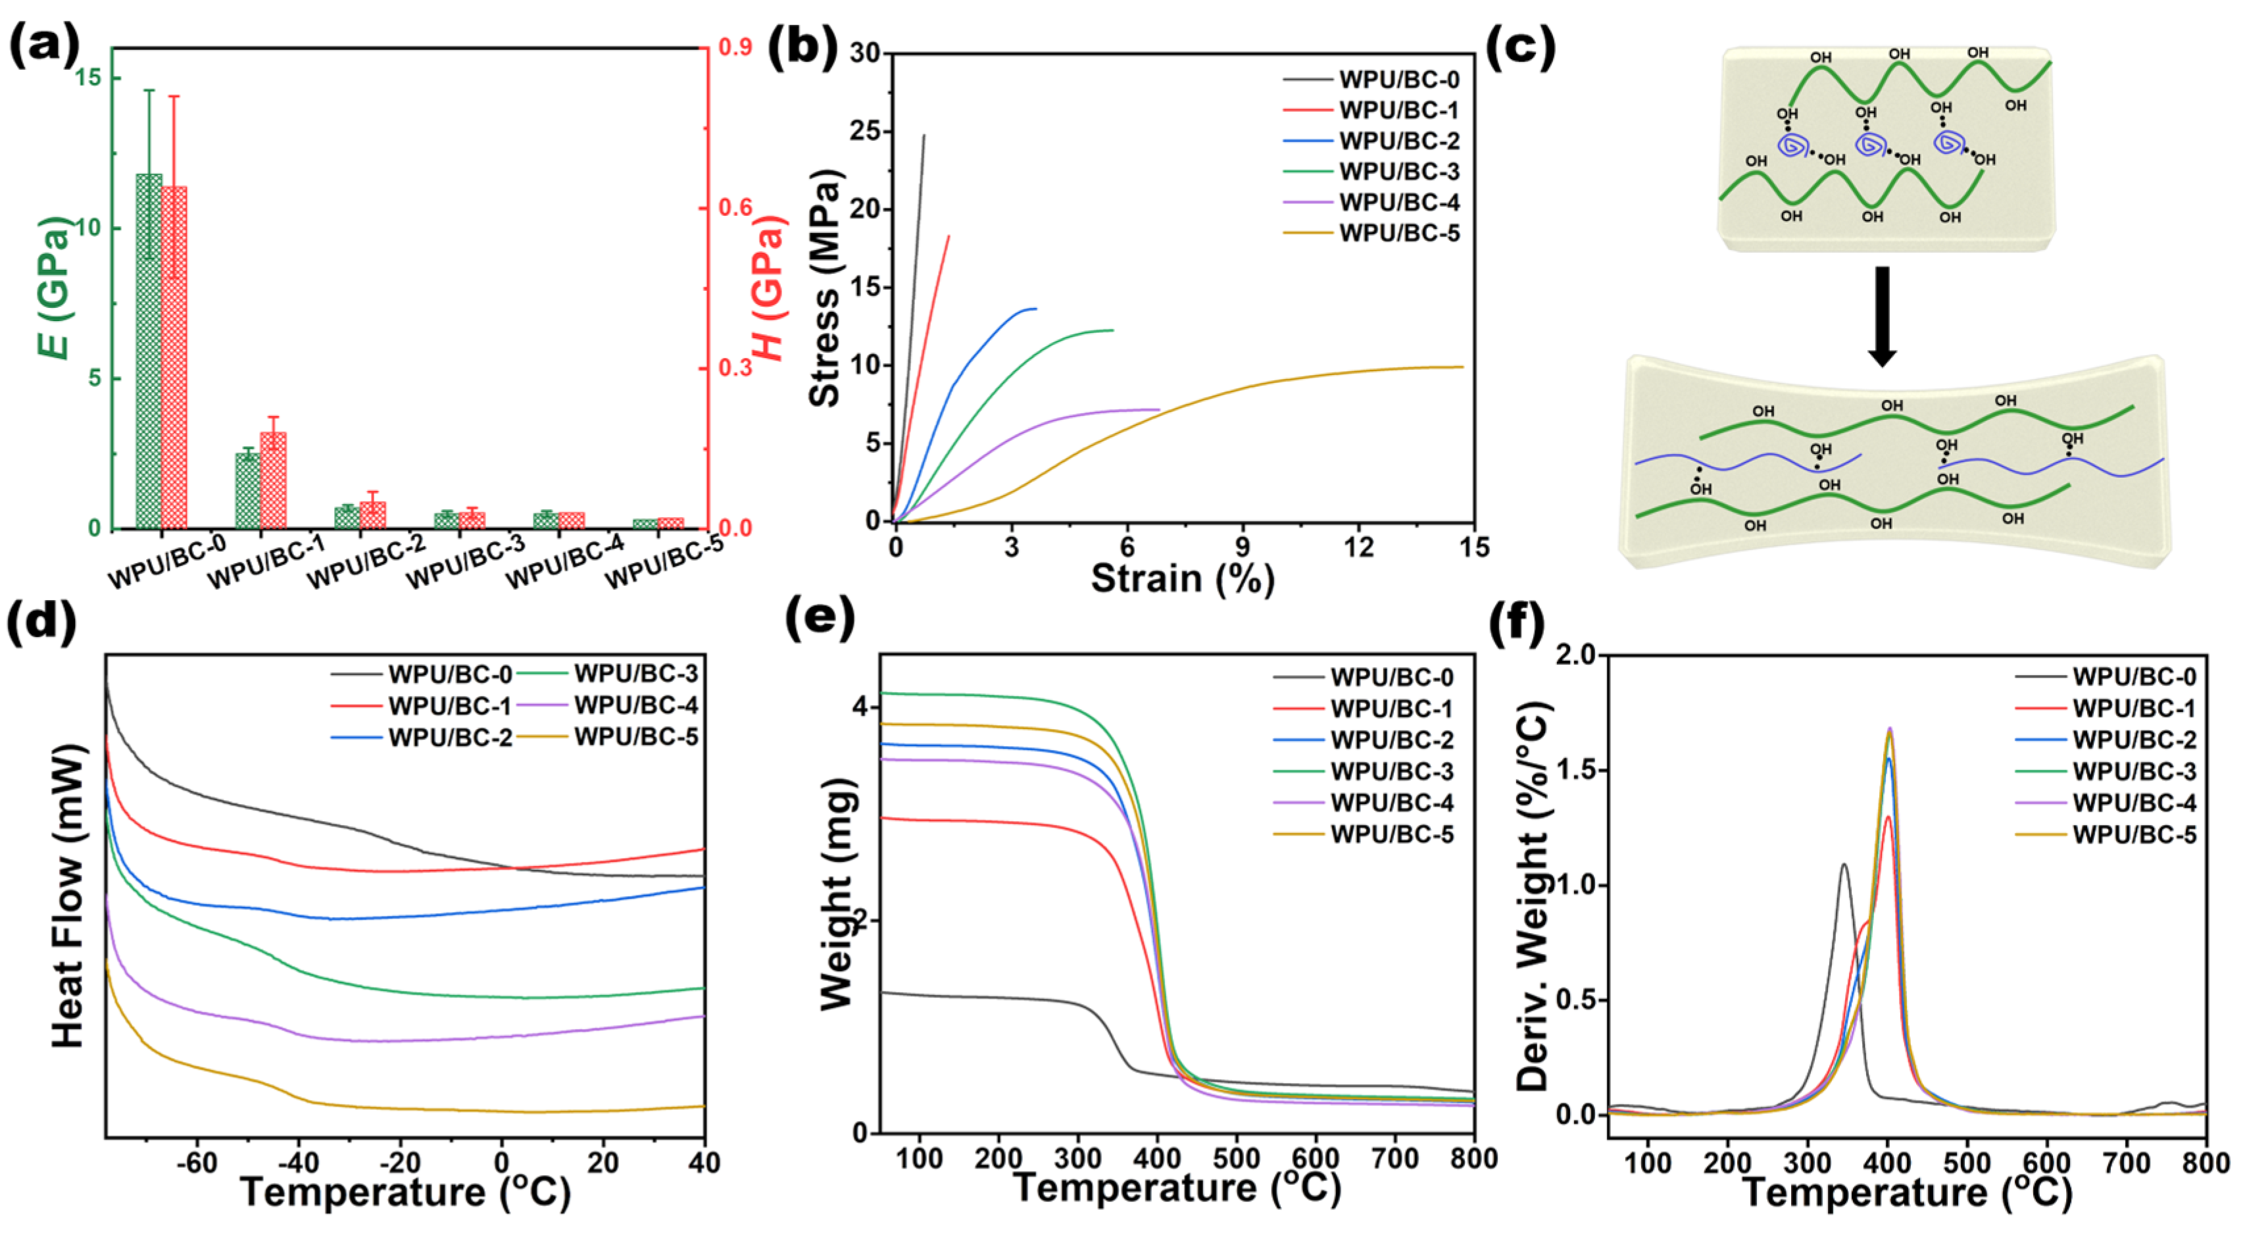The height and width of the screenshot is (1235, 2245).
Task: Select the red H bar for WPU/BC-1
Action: pyautogui.click(x=274, y=480)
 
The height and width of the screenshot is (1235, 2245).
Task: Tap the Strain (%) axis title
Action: pyautogui.click(x=1183, y=578)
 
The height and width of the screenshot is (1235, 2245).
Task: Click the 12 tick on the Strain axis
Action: pyautogui.click(x=1358, y=547)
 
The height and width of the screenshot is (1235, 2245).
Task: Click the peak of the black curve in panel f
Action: pyautogui.click(x=1843, y=865)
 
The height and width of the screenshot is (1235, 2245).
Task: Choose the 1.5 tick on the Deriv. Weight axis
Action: pyautogui.click(x=1579, y=770)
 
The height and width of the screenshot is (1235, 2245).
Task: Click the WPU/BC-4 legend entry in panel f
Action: pyautogui.click(x=2133, y=803)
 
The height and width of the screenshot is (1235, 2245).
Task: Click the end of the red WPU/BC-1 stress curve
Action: pyautogui.click(x=949, y=236)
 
